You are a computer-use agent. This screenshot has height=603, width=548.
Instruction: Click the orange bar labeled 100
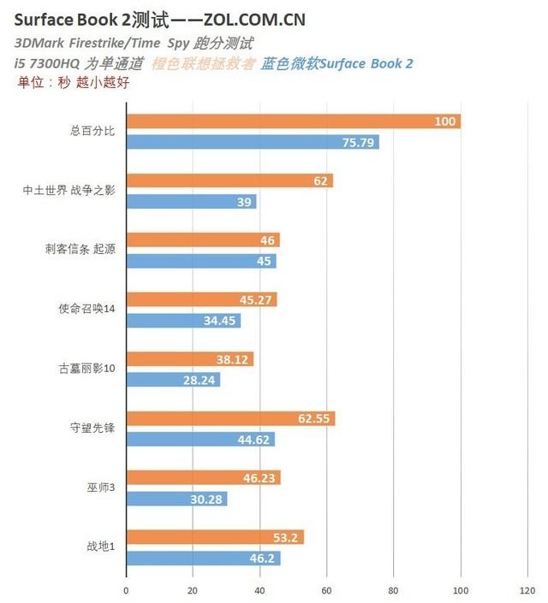(x=293, y=121)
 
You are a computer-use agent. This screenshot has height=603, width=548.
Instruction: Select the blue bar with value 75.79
(x=253, y=143)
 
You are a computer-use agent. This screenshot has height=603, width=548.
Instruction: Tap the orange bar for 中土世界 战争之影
(x=229, y=180)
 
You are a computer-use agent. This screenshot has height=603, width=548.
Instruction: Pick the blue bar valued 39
(x=191, y=202)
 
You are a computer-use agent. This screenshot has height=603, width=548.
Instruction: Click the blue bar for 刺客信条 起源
(x=201, y=261)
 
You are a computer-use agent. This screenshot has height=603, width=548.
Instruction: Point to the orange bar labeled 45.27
(x=201, y=299)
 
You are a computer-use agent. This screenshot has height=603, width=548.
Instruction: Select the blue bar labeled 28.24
(x=173, y=380)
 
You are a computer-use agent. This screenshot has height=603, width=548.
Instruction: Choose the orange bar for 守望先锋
(x=230, y=418)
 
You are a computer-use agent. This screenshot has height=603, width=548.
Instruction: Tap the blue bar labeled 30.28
(x=176, y=499)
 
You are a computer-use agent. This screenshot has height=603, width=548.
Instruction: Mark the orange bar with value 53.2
(x=215, y=537)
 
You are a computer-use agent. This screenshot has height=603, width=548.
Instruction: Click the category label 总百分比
(x=92, y=132)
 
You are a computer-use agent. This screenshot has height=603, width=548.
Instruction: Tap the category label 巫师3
(x=99, y=488)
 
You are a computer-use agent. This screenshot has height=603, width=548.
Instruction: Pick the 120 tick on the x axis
(x=527, y=590)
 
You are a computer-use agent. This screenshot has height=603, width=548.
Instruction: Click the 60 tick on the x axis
(x=326, y=590)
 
